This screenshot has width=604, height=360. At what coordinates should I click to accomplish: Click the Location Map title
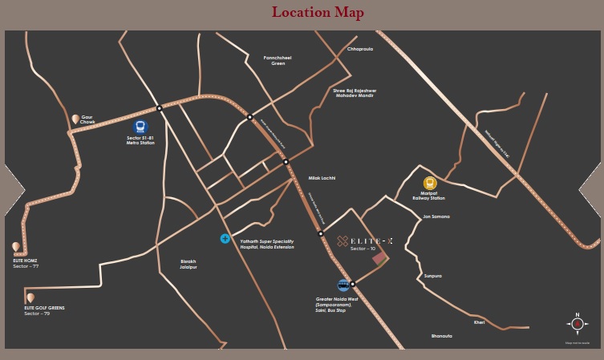[318, 12]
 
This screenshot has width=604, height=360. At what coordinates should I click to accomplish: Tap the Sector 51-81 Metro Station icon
[140, 127]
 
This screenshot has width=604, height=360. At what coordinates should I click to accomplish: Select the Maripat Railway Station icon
[430, 183]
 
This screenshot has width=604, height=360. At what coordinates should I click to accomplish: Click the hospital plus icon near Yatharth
[225, 239]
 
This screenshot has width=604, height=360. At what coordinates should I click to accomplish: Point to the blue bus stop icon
[343, 285]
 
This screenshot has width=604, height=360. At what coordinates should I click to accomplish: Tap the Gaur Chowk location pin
[75, 119]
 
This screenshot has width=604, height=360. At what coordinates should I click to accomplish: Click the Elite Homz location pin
[16, 247]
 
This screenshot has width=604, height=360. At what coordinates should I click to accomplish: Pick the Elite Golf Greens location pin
[30, 297]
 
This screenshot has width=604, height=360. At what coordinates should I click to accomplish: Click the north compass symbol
[577, 324]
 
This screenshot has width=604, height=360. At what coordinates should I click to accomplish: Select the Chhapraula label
[360, 49]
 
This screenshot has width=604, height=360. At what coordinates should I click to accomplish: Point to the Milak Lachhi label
[322, 177]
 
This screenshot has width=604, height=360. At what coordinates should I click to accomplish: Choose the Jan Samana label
[436, 216]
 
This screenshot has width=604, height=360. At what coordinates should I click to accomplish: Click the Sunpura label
[432, 276]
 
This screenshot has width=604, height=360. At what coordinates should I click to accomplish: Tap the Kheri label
[480, 322]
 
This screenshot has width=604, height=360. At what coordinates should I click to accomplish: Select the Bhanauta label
[442, 336]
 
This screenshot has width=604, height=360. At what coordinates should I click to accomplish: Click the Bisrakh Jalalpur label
[188, 264]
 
